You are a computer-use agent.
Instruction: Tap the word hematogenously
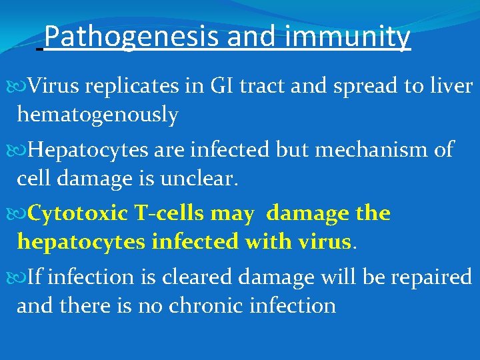pos(97,115)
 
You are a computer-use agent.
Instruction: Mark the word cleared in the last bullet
pos(193,276)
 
